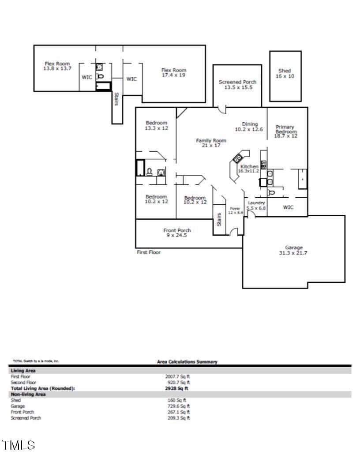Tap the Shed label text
click(285, 71)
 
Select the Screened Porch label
click(237, 82)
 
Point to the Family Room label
click(211, 140)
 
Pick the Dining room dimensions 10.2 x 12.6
click(249, 129)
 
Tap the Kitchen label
click(249, 166)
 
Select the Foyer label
click(235, 207)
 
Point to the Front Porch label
click(177, 230)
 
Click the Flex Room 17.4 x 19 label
click(174, 70)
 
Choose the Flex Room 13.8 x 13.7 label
click(57, 64)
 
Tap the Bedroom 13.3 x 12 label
click(157, 123)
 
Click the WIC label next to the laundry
click(288, 207)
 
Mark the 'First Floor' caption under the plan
click(149, 252)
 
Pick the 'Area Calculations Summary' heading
click(187, 362)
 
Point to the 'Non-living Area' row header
click(25, 394)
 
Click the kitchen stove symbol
click(238, 157)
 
